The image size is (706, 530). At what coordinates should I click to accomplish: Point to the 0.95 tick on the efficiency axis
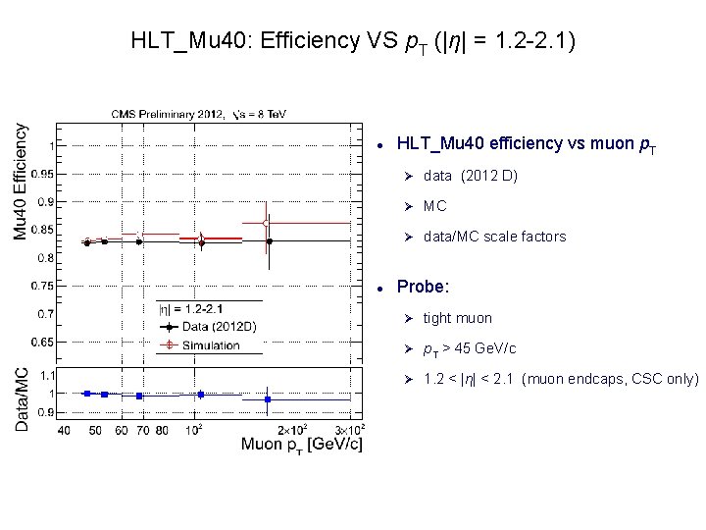[x=41, y=174]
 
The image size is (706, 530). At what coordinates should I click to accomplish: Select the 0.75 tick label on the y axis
[x=41, y=286]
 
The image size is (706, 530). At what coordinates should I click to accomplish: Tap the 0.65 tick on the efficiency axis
[x=41, y=342]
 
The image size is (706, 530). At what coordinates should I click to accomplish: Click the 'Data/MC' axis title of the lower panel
[x=21, y=399]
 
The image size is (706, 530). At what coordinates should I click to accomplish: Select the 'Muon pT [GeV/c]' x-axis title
[x=301, y=446]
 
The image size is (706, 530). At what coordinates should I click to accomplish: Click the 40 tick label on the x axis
[x=64, y=429]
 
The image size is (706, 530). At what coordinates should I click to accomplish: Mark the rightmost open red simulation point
[x=267, y=224]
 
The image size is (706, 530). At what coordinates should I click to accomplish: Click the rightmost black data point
[x=269, y=240]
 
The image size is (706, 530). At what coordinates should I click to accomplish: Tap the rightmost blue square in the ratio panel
[x=268, y=399]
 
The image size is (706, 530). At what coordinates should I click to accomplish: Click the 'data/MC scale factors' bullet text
[x=494, y=237]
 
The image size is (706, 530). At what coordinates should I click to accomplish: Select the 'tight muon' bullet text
[x=457, y=318]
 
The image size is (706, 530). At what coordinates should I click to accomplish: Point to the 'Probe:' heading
[x=423, y=288]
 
